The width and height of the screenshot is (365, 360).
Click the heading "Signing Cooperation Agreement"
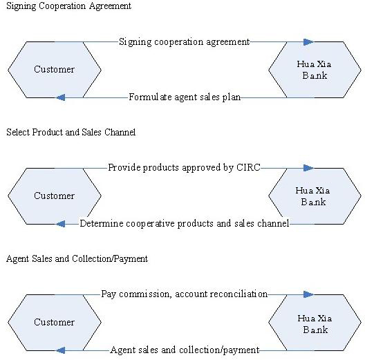68,6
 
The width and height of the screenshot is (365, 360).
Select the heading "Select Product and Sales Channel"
71,132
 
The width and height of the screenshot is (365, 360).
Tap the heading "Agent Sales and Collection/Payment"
77,259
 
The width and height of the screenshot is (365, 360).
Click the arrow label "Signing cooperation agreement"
184,42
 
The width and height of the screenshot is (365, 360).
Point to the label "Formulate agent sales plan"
185,97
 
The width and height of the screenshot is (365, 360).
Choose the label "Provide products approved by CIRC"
184,167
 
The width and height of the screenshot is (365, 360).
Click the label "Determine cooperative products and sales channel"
185,223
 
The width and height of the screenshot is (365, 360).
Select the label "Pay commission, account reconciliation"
184,294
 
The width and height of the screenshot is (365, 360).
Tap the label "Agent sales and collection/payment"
185,350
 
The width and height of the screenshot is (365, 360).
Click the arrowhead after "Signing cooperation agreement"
308,42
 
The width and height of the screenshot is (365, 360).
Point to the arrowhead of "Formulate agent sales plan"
61,97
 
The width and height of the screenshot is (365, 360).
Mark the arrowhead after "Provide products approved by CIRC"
308,168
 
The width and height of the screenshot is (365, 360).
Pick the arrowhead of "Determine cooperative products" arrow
61,224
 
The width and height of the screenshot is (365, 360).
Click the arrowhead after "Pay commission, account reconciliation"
308,294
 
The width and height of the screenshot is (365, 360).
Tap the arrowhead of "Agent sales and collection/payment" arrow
61,350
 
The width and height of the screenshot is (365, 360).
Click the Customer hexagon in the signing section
55,70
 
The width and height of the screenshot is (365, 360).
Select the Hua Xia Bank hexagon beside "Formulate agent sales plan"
315,70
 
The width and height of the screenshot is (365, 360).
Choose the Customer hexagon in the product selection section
55,196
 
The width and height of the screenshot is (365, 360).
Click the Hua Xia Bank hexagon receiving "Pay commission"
315,323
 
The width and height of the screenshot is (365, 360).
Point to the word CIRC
248,167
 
